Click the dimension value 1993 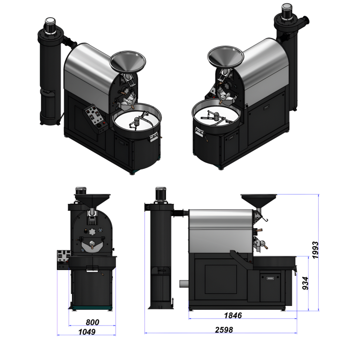point(315,250)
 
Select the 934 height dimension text point(305,283)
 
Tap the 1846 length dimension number point(233,315)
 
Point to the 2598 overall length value point(224,330)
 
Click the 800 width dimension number point(92,323)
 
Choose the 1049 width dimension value point(87,332)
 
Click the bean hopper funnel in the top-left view point(127,61)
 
